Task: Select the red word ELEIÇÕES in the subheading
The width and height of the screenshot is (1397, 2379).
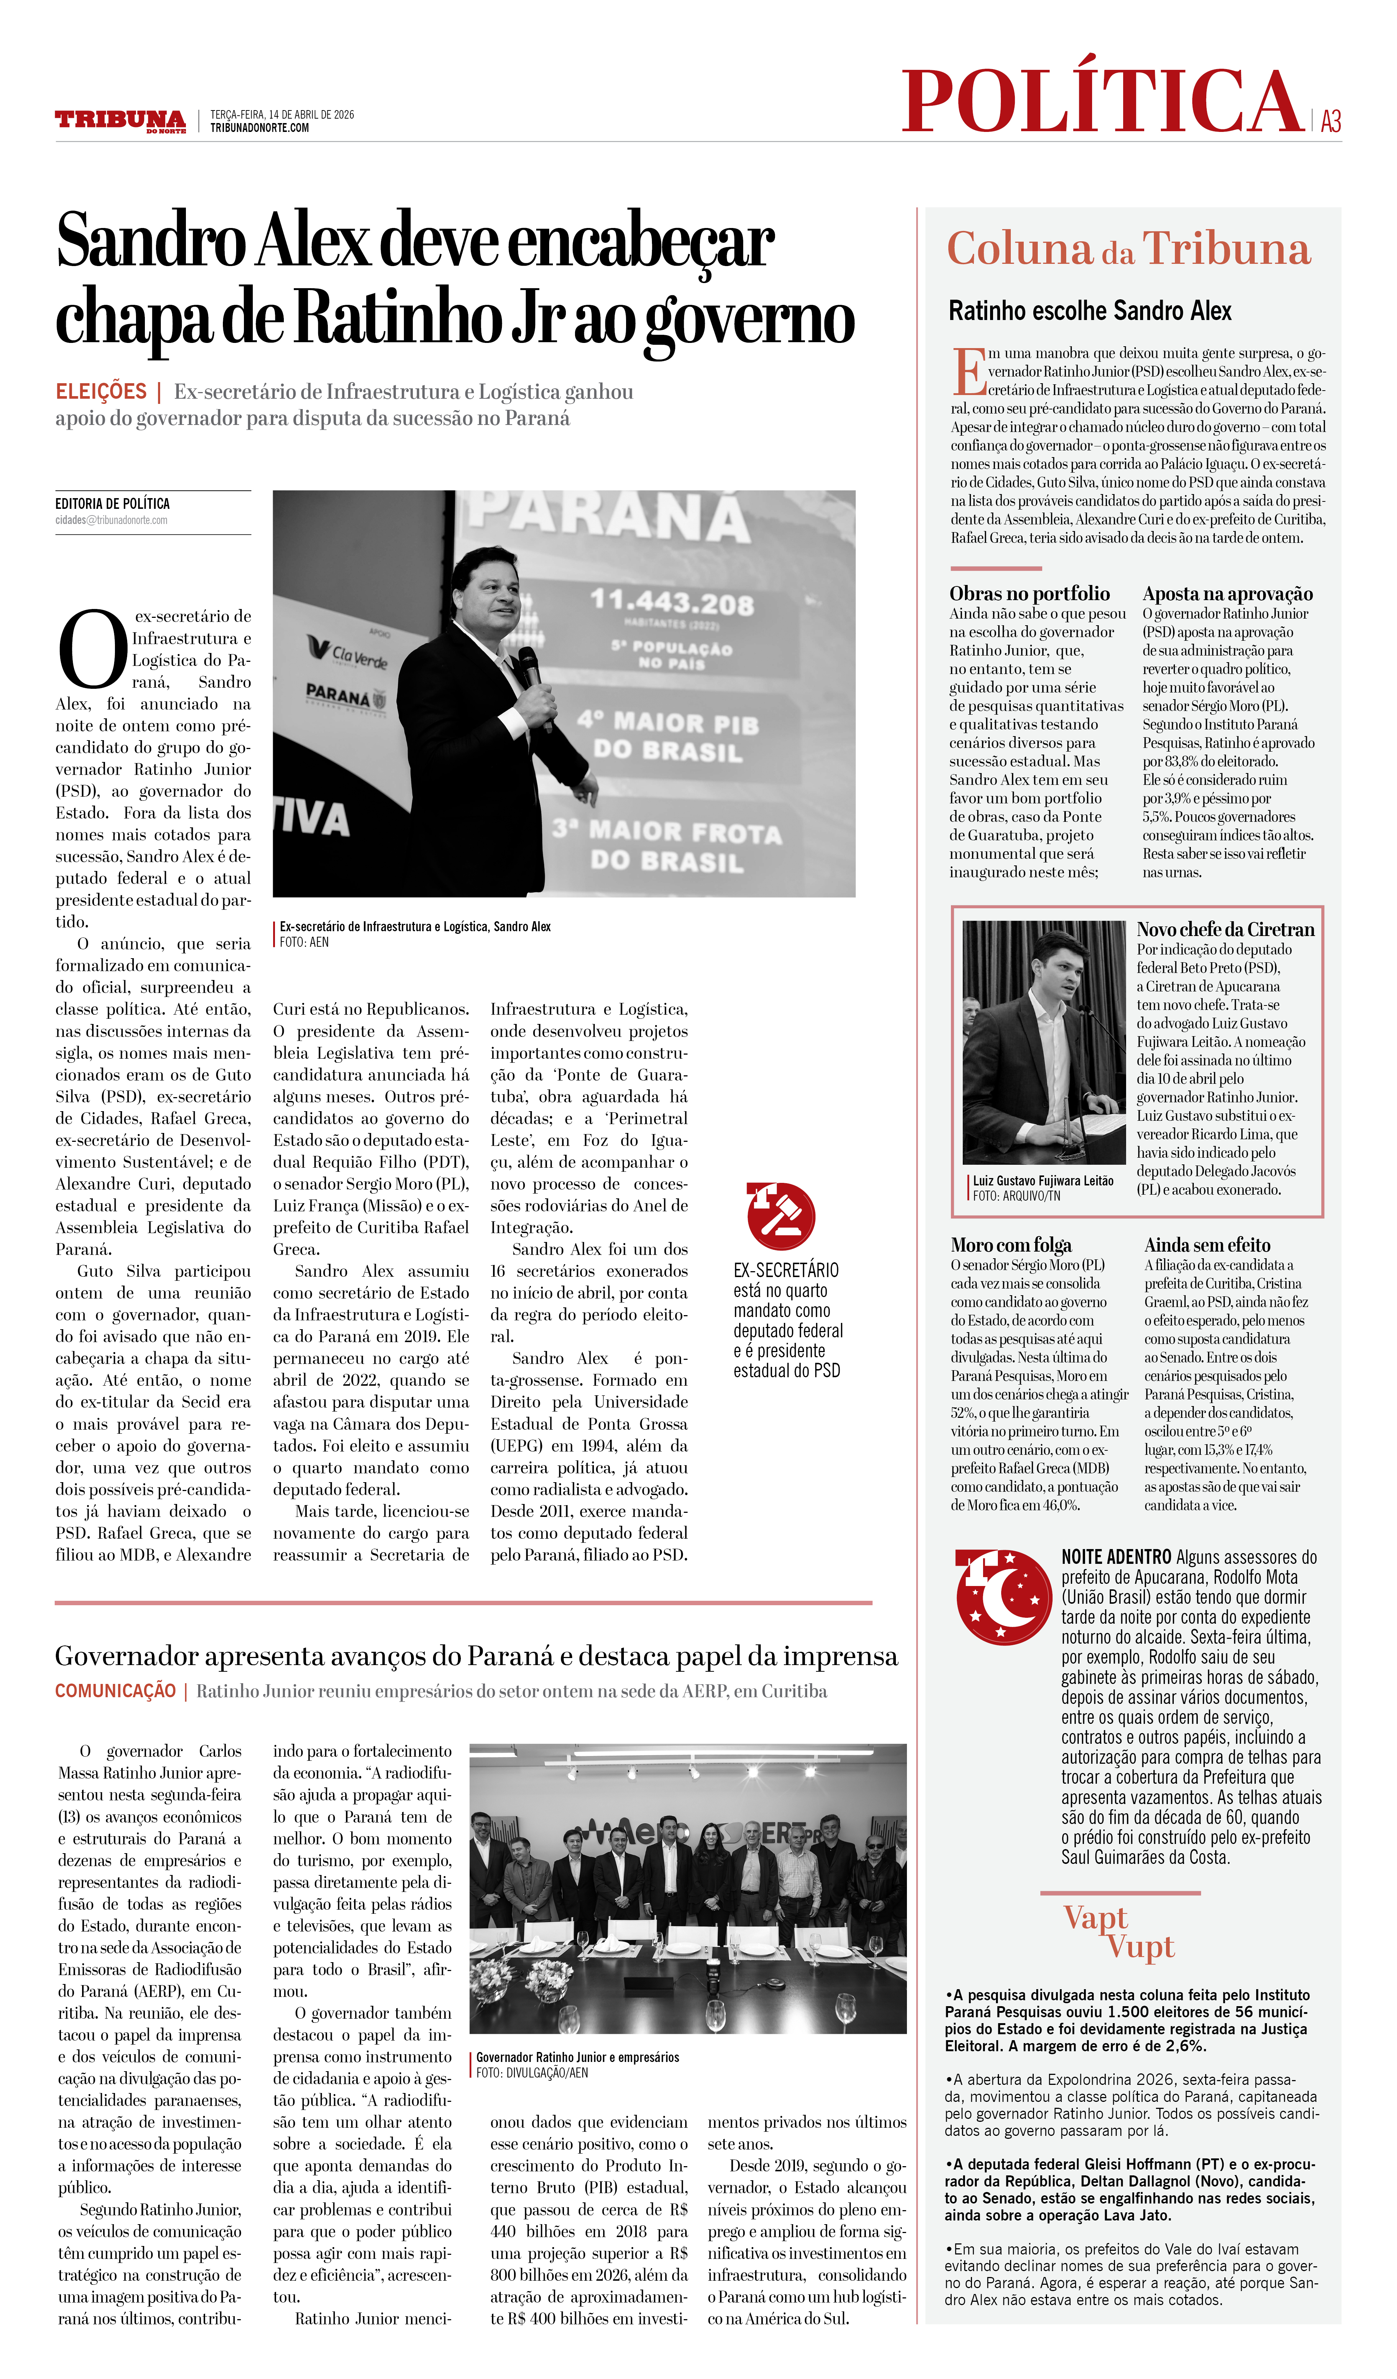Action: coord(101,392)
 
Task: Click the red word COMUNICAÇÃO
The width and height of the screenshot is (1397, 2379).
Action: coord(115,1691)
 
